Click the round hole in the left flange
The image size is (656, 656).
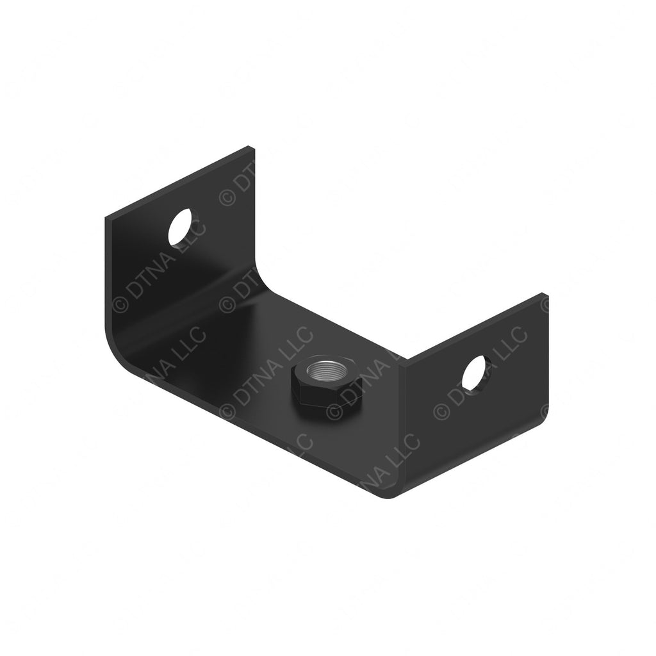click(183, 226)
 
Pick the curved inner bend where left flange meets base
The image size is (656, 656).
click(263, 282)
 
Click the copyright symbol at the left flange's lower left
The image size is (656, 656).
click(119, 304)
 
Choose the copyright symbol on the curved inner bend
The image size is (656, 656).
click(225, 305)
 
